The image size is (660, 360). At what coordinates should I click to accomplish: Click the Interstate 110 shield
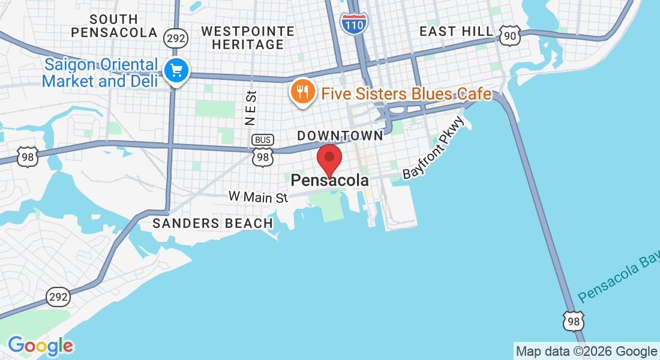click(x=353, y=22)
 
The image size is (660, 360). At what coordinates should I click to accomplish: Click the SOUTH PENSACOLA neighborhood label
click(x=113, y=26)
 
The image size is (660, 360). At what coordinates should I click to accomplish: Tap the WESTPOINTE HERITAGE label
click(x=248, y=38)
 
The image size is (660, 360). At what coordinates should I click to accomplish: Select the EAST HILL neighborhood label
click(x=456, y=31)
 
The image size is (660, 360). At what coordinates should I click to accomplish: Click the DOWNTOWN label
click(x=340, y=136)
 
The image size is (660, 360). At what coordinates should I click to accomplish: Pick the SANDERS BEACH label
click(x=213, y=223)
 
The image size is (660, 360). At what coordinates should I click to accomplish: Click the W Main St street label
click(x=258, y=196)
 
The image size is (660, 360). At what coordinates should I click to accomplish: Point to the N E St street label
click(x=251, y=108)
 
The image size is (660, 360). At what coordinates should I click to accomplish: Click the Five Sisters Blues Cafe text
click(x=406, y=94)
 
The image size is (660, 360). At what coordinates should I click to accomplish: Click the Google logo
click(x=40, y=346)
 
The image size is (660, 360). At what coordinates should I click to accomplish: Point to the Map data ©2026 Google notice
click(x=586, y=351)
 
